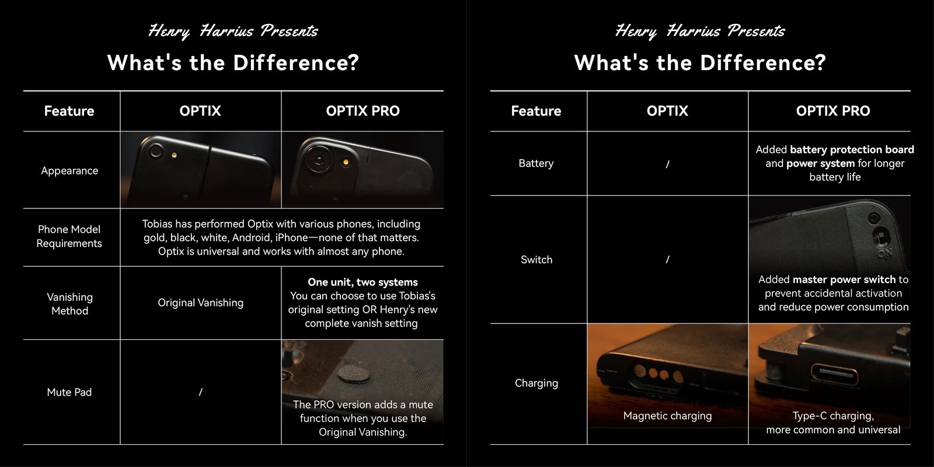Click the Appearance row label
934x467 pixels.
69,170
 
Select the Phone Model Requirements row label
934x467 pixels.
69,236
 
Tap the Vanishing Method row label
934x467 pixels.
69,304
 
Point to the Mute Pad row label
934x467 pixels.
69,392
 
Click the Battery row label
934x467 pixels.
536,163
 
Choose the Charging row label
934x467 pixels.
536,383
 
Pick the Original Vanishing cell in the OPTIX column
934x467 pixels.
201,303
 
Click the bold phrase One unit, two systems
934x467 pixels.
363,283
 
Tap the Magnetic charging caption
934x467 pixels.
668,416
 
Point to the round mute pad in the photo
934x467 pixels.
354,374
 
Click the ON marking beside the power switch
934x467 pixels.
885,253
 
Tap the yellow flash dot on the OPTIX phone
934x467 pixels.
175,155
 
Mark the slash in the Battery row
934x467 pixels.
668,164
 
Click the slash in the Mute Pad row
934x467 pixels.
201,392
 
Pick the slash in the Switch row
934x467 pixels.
668,259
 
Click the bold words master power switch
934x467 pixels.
844,280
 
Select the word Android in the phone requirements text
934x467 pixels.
252,238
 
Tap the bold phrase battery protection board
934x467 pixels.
852,149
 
